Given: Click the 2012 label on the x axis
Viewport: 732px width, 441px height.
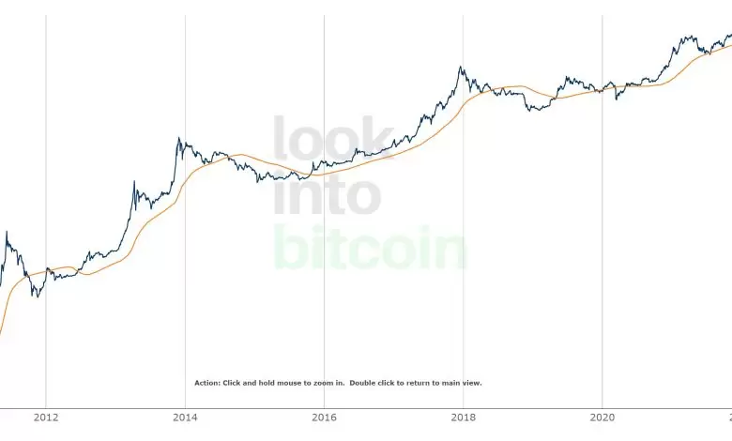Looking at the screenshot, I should [x=45, y=419].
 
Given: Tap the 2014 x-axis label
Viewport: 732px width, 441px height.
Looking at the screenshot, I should [x=185, y=419].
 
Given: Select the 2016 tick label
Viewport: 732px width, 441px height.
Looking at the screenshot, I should [x=324, y=419].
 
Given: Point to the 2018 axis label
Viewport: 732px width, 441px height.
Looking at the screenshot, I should [x=463, y=419].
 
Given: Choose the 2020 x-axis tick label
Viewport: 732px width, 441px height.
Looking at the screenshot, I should [x=602, y=419].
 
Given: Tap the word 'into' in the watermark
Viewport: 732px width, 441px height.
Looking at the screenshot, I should [x=328, y=194].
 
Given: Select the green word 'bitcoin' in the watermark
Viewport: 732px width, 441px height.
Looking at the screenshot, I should [x=370, y=248].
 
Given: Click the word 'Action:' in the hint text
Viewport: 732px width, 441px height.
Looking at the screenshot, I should [x=206, y=383].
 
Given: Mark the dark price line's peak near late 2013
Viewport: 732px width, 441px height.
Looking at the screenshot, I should [x=178, y=140].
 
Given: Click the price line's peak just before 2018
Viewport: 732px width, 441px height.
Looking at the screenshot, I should [x=460, y=68].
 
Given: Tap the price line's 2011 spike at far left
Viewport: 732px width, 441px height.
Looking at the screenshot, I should [x=7, y=233].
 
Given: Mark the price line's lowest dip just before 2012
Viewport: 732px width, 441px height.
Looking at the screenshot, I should [x=38, y=296].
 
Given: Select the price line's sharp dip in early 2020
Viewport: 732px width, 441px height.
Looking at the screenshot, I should [x=616, y=98].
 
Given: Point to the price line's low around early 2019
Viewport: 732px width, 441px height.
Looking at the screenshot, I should [x=533, y=111].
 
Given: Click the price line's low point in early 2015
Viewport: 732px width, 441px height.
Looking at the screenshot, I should [x=258, y=181].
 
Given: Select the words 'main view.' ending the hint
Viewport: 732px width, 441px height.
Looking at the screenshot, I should [x=464, y=383].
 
